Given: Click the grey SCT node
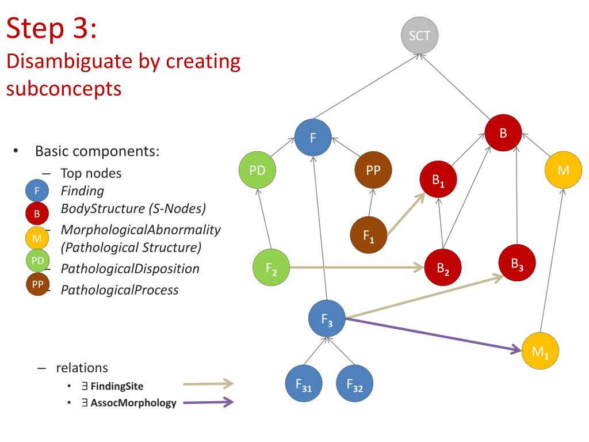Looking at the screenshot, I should pos(419,36).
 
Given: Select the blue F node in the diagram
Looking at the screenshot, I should pos(313,138).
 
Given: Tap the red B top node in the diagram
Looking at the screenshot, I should pos(503,134).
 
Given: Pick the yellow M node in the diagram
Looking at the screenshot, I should pos(563,170).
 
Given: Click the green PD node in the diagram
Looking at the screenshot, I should pos(257,170).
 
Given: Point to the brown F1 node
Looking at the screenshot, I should pos(369,235).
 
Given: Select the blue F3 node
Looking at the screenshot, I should pos(327,319).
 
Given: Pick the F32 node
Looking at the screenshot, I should pos(354,384).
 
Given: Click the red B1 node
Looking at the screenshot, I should pos(439,180).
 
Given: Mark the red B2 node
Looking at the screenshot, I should pos(442,268).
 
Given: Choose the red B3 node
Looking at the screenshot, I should pos(517,264).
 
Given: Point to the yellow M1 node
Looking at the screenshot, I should pos(540,351).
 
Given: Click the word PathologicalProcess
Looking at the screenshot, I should pos(120,289).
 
